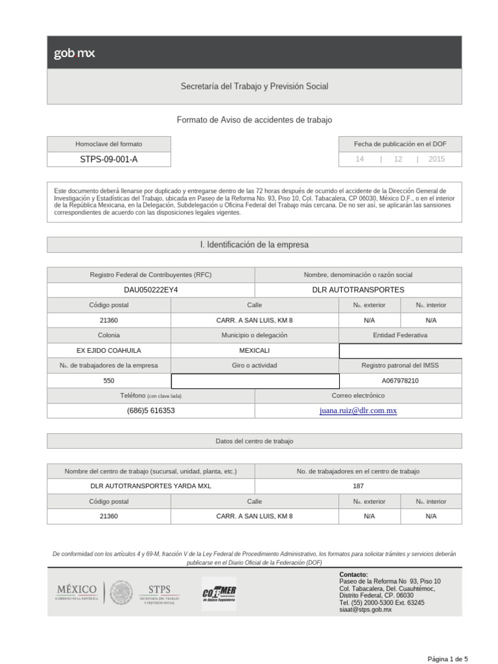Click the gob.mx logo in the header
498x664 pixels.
(74, 54)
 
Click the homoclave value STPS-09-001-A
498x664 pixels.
(109, 160)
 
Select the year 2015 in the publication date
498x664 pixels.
(436, 160)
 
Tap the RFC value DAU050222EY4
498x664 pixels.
(150, 290)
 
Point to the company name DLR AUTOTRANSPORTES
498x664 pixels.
(358, 290)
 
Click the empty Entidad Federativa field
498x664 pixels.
(400, 351)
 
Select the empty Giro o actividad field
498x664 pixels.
(254, 381)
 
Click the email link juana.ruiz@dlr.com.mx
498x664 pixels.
(358, 411)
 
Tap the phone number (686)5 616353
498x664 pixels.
(150, 411)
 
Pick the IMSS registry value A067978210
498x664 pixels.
(400, 381)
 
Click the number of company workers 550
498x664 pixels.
(109, 381)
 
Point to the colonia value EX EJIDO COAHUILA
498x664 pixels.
(109, 351)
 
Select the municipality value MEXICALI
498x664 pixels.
(254, 351)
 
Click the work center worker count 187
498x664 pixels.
(358, 486)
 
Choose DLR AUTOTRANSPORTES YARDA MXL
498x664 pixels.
(150, 486)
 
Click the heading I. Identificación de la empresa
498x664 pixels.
(254, 245)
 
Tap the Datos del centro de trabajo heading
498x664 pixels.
(254, 441)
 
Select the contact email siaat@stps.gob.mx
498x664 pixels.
(366, 610)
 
